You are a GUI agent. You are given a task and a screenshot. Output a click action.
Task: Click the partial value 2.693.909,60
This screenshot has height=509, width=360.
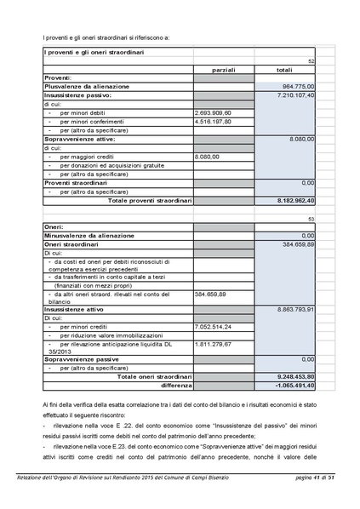[214, 112]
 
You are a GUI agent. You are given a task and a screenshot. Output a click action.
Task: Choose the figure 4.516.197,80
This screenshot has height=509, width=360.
[214, 121]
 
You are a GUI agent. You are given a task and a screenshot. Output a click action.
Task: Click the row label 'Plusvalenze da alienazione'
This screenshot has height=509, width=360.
[87, 87]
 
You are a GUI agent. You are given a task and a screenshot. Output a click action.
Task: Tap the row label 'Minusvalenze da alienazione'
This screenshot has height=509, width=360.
[89, 235]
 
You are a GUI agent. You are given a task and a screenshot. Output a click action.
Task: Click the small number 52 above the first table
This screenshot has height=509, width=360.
[311, 61]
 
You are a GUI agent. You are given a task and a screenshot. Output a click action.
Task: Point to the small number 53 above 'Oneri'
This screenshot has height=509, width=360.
[311, 219]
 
